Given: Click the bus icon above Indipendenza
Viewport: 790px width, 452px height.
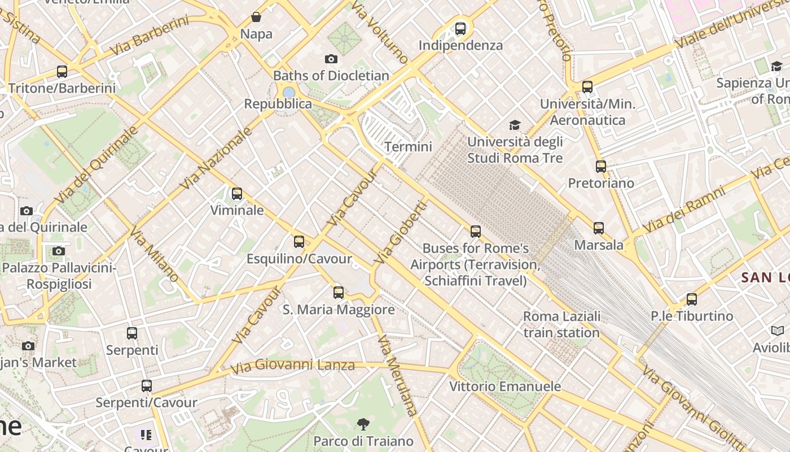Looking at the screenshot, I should [x=460, y=28].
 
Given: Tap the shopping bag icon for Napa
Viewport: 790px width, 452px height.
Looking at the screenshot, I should [x=256, y=17].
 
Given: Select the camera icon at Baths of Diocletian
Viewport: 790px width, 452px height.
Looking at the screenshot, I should [x=331, y=59].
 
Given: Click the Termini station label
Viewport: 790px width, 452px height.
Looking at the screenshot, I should [x=408, y=147].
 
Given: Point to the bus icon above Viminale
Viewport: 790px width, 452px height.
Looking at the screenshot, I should [x=237, y=194].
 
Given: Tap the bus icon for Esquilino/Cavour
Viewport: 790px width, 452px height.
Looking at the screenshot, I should [x=299, y=242].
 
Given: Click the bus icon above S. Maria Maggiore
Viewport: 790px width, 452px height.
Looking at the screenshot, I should [x=339, y=293].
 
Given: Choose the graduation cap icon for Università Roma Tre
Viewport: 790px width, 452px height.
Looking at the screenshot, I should [x=515, y=125].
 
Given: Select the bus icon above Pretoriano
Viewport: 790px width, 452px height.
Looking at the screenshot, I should [x=601, y=167].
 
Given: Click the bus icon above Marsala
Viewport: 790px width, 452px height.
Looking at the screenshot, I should [x=599, y=228].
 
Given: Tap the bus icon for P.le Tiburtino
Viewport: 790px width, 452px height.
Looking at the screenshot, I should [x=692, y=299].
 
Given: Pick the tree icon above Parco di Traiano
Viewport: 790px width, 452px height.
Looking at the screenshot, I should [x=363, y=424].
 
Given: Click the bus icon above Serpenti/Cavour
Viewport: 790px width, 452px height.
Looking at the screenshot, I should [x=147, y=386].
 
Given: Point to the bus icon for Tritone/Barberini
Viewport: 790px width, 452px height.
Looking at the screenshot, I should [x=62, y=72].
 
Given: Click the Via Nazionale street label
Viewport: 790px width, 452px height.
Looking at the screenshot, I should [x=216, y=159].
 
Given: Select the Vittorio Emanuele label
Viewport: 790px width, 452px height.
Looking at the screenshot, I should [x=505, y=386].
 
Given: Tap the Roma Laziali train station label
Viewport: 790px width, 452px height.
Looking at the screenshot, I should [x=561, y=324].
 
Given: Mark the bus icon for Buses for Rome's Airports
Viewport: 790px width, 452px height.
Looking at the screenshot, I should [x=476, y=232].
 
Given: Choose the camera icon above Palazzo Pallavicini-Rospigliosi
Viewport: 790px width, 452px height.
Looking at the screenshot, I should [x=58, y=251].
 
